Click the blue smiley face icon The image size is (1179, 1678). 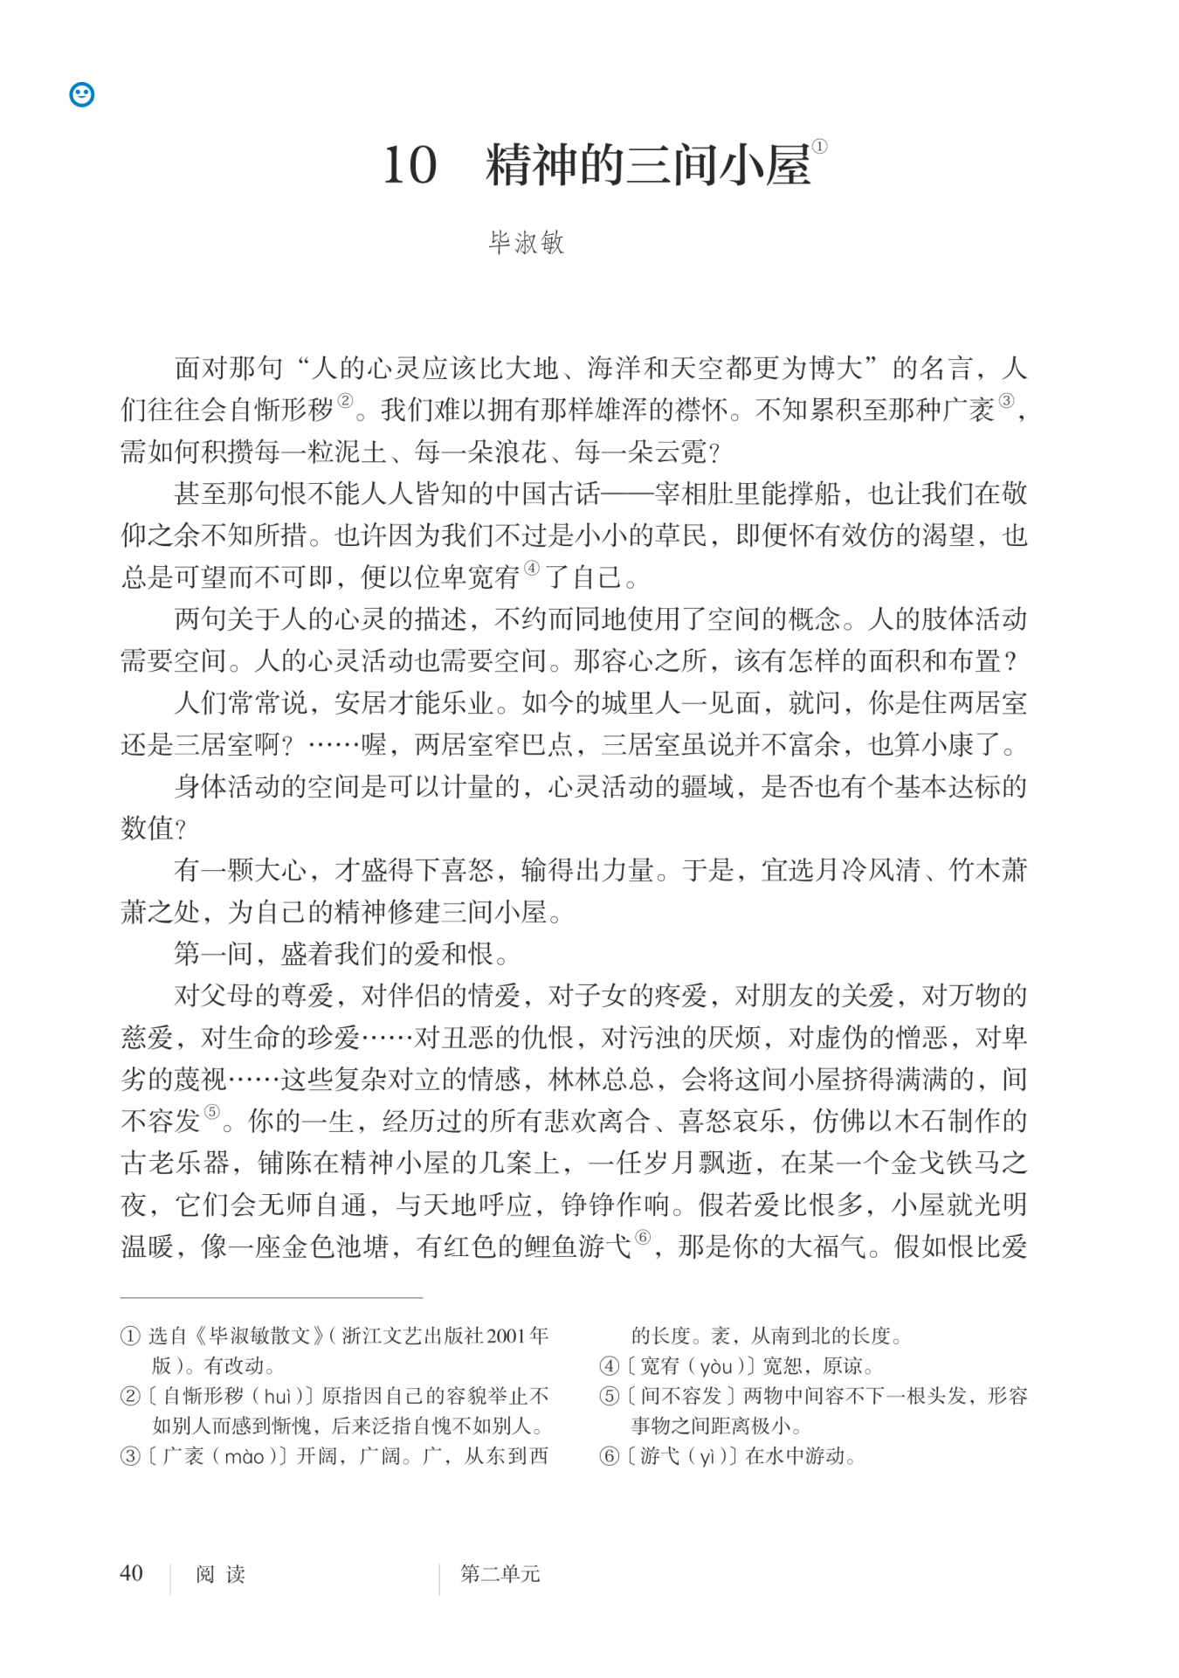[x=82, y=94]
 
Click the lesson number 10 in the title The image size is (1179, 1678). [x=410, y=165]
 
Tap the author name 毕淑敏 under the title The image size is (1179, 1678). [x=527, y=242]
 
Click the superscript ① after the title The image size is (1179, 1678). [x=819, y=148]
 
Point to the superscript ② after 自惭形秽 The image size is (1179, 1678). [x=346, y=401]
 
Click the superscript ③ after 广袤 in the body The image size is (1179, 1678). [x=1006, y=401]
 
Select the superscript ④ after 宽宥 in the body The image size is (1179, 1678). [x=531, y=569]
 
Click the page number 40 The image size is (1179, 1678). [x=131, y=1573]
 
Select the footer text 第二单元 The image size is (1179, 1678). [x=500, y=1574]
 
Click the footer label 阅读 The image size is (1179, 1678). [x=220, y=1575]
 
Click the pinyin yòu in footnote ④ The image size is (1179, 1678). [x=715, y=1366]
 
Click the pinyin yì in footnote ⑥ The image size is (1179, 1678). [x=707, y=1456]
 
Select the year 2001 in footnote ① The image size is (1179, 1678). [x=507, y=1336]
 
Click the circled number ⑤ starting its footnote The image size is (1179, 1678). [x=609, y=1396]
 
